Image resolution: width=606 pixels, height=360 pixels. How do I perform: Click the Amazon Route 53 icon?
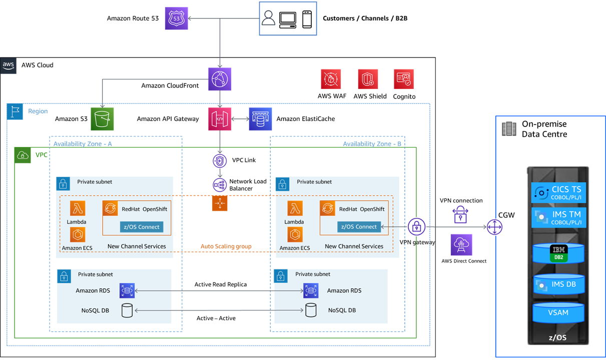pyautogui.click(x=176, y=18)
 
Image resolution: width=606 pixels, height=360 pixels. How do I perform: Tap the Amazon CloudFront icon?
pyautogui.click(x=220, y=79)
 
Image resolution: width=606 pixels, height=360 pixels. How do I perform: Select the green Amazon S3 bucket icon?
pyautogui.click(x=102, y=119)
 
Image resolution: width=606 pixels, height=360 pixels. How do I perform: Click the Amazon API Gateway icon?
pyautogui.click(x=220, y=119)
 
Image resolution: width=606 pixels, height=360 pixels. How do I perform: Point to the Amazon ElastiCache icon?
pyautogui.click(x=260, y=119)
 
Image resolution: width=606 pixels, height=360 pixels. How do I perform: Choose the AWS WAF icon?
pyautogui.click(x=331, y=79)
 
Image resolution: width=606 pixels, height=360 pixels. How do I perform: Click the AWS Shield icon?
pyautogui.click(x=368, y=79)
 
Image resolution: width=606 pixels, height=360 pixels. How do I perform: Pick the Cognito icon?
pyautogui.click(x=403, y=79)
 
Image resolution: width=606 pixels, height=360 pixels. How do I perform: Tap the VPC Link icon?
pyautogui.click(x=220, y=160)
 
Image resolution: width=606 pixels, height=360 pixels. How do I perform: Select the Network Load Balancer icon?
pyautogui.click(x=220, y=184)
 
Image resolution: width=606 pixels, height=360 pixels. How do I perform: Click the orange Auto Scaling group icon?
pyautogui.click(x=220, y=203)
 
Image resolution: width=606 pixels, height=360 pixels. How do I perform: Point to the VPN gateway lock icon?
pyautogui.click(x=416, y=227)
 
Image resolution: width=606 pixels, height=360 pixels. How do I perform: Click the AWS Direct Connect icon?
pyautogui.click(x=460, y=245)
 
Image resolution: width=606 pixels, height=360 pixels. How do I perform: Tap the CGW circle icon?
pyautogui.click(x=494, y=227)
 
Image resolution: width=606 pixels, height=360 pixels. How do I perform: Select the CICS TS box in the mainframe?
pyautogui.click(x=558, y=192)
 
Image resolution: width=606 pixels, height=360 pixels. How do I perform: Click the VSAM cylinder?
pyautogui.click(x=558, y=312)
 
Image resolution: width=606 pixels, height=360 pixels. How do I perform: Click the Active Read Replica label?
pyautogui.click(x=220, y=284)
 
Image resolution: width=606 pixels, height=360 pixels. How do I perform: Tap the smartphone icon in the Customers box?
pyautogui.click(x=307, y=19)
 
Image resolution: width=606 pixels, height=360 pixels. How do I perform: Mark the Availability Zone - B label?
pyautogui.click(x=372, y=144)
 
